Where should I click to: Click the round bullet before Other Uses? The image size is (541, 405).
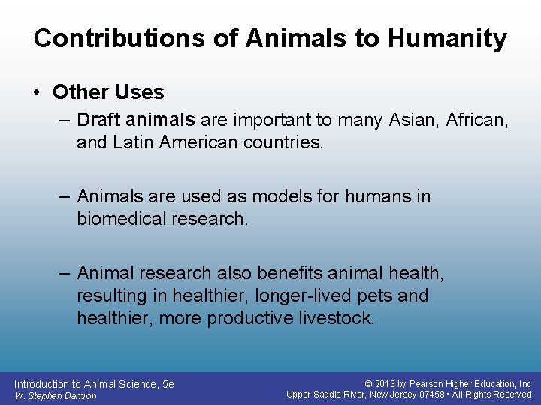(x=38, y=92)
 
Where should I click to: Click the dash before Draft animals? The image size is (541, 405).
(x=65, y=120)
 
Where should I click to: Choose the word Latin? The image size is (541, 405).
(x=131, y=142)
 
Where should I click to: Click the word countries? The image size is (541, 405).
(x=283, y=142)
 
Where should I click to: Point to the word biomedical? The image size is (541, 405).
(x=121, y=218)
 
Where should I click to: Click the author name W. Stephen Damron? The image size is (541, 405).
(x=55, y=395)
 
